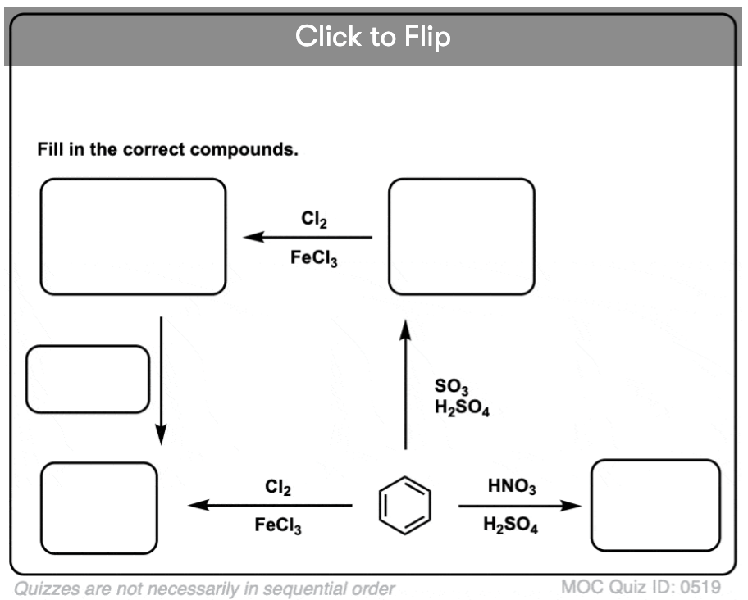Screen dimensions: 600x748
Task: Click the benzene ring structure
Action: click(x=404, y=504)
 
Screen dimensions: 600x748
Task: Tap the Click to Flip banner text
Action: click(x=373, y=37)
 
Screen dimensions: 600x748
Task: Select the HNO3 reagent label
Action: click(x=512, y=487)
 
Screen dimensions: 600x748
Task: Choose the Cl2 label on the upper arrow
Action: click(x=314, y=220)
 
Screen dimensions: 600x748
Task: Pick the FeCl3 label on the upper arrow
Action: click(x=314, y=258)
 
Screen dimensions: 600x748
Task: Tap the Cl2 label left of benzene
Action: click(x=278, y=488)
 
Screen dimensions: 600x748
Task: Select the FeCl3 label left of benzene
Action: click(x=278, y=526)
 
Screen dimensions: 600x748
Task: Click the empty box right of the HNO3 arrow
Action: click(x=655, y=505)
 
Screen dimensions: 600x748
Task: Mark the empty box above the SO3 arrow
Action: click(x=461, y=236)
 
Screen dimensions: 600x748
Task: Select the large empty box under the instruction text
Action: click(x=133, y=236)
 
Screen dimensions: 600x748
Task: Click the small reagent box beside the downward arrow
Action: click(x=88, y=379)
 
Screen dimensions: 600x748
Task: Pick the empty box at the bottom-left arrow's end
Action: click(x=98, y=507)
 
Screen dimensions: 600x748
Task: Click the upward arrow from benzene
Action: click(x=404, y=385)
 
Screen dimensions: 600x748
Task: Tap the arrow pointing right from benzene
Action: click(x=519, y=507)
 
